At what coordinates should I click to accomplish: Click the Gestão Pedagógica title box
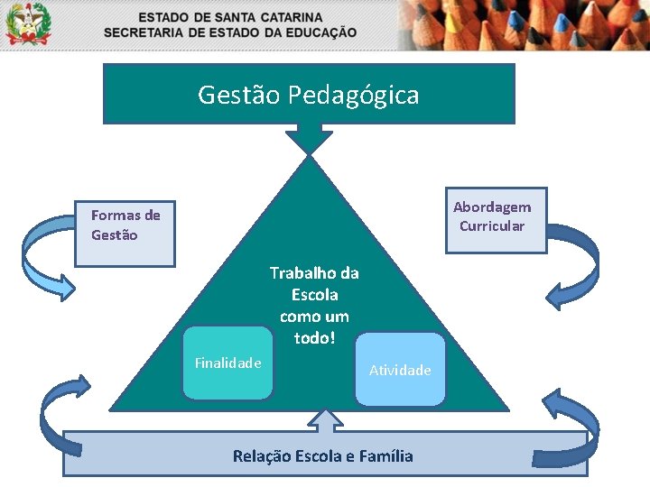[x=309, y=93]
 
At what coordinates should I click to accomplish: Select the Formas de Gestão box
[x=125, y=234]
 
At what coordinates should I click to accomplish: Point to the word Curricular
[x=492, y=226]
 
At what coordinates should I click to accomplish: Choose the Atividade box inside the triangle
[x=400, y=370]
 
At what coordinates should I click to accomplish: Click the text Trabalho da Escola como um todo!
[x=314, y=306]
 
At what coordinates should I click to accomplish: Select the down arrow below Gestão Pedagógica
[x=310, y=138]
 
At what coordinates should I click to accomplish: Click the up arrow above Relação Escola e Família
[x=325, y=419]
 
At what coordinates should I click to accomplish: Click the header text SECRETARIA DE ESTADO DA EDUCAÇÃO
[x=230, y=32]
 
